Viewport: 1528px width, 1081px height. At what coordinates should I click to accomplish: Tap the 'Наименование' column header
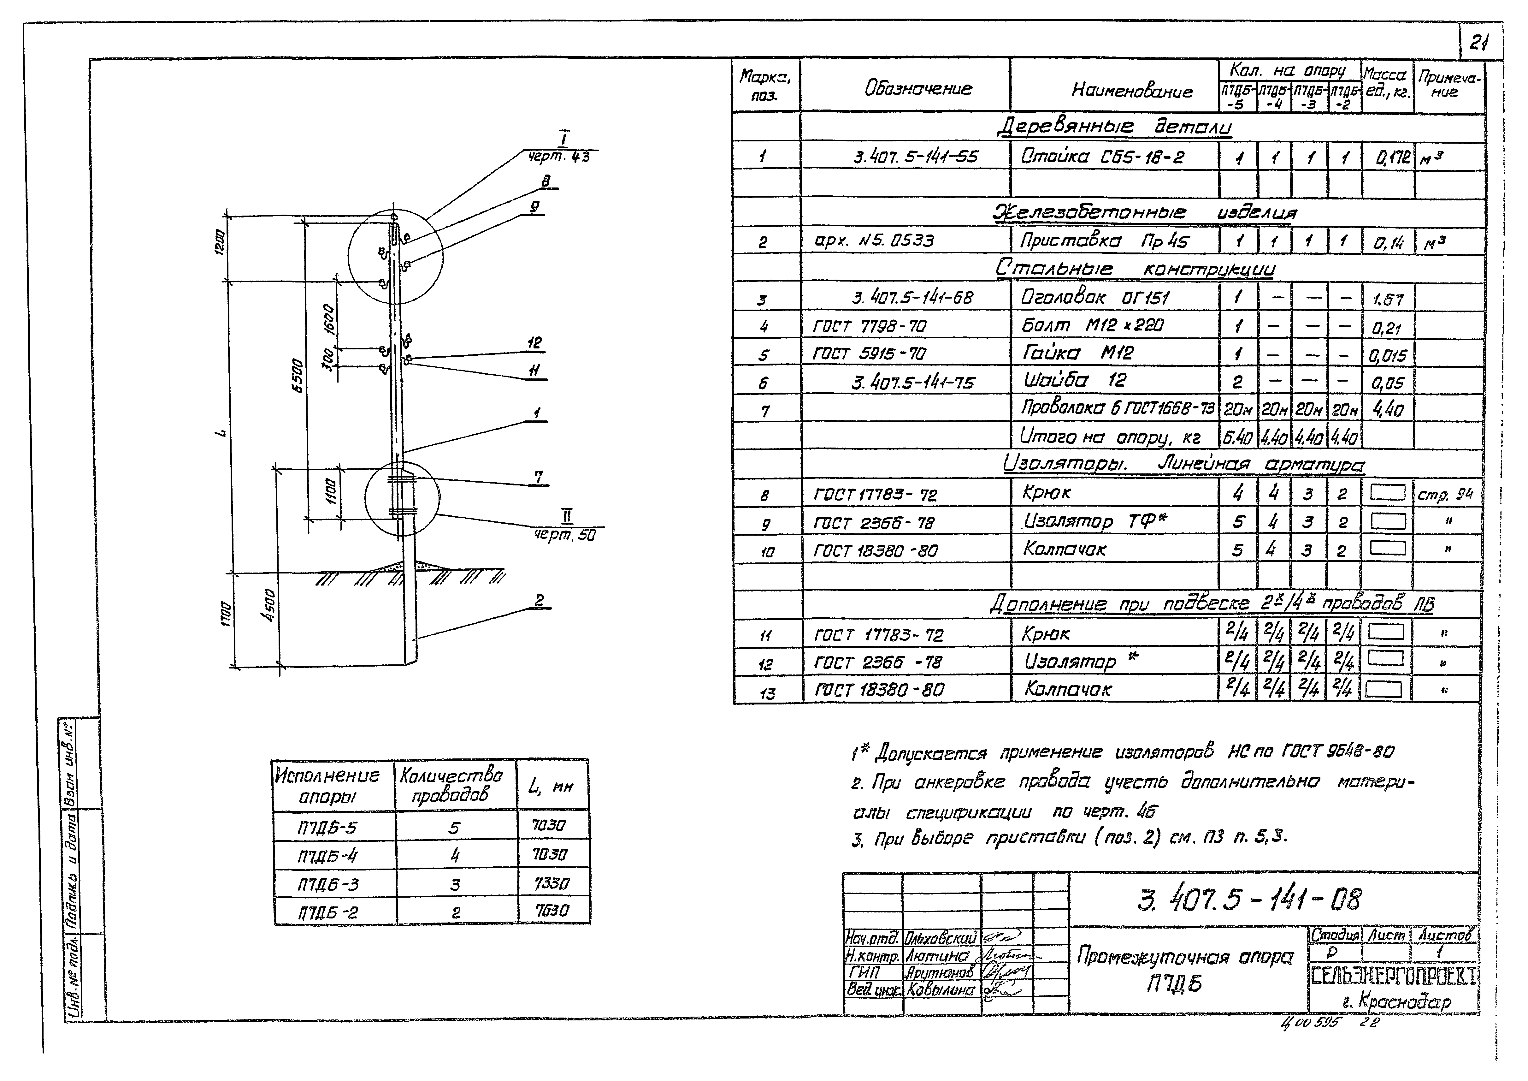[x=1131, y=91]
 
